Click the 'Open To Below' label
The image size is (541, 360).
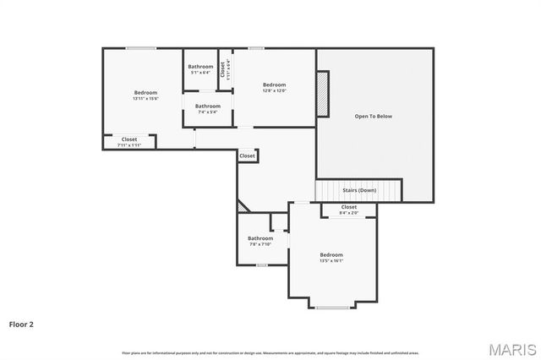pyautogui.click(x=373, y=116)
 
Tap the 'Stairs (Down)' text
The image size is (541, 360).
pyautogui.click(x=359, y=190)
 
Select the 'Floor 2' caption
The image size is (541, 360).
pyautogui.click(x=21, y=324)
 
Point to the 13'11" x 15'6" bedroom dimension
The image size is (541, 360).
pyautogui.click(x=145, y=99)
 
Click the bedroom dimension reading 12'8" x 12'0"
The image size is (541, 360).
pyautogui.click(x=274, y=91)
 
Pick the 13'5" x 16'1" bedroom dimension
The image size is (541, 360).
pyautogui.click(x=331, y=261)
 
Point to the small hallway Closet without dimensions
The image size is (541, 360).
pyautogui.click(x=247, y=155)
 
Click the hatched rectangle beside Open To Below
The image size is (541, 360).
pyautogui.click(x=322, y=94)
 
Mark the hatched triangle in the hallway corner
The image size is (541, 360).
pyautogui.click(x=242, y=206)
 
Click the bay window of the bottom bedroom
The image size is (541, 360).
pyautogui.click(x=332, y=307)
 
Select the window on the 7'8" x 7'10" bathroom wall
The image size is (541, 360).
pyautogui.click(x=262, y=265)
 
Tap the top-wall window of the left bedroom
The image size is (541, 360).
pyautogui.click(x=141, y=48)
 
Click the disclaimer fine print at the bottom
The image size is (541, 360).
pyautogui.click(x=270, y=352)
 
